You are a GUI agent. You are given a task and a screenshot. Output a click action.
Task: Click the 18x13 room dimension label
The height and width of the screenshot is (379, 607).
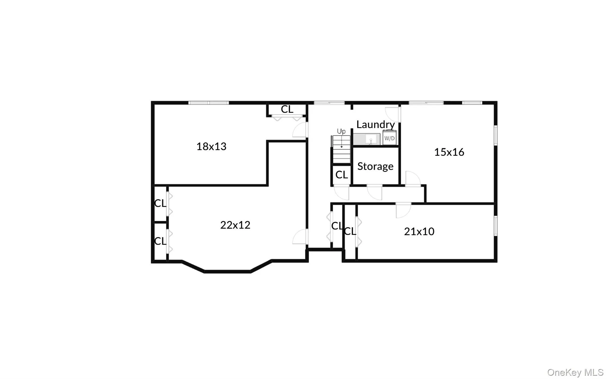[x=211, y=146]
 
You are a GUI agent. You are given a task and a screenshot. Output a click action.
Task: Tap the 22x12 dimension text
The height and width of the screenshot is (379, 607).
[x=235, y=225]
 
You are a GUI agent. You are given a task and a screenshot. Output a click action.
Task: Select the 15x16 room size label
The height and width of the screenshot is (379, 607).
[x=449, y=152]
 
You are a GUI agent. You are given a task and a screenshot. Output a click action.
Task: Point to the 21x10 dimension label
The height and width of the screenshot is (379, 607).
[x=419, y=231]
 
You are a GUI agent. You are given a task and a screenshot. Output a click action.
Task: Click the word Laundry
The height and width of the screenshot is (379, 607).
[x=376, y=125]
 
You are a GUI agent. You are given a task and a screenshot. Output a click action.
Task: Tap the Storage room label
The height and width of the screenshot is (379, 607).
[x=375, y=166]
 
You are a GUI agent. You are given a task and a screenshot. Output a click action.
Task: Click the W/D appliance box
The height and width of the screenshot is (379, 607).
[x=389, y=138]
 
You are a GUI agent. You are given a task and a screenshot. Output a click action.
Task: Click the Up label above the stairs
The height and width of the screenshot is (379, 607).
[x=341, y=131]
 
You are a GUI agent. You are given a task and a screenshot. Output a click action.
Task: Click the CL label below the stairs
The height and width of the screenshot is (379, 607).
[x=341, y=175]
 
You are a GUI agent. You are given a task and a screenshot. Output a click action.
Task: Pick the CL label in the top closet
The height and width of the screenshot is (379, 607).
[x=287, y=109]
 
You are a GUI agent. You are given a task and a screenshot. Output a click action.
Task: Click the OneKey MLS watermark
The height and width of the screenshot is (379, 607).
[x=575, y=372]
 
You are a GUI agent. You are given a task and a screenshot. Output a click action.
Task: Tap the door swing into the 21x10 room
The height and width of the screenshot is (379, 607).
[x=403, y=210]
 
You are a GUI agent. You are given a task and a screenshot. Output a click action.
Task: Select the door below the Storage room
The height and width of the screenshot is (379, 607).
[x=375, y=192]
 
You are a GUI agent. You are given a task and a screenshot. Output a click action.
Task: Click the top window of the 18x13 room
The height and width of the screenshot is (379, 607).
[x=209, y=103]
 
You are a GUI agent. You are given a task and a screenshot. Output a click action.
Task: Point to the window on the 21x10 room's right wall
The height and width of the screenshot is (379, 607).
[x=495, y=226]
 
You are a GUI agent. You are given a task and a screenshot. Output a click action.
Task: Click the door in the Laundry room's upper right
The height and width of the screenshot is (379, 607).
[x=393, y=114]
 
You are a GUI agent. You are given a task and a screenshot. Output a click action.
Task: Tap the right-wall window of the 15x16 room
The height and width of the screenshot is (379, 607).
[x=495, y=136]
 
